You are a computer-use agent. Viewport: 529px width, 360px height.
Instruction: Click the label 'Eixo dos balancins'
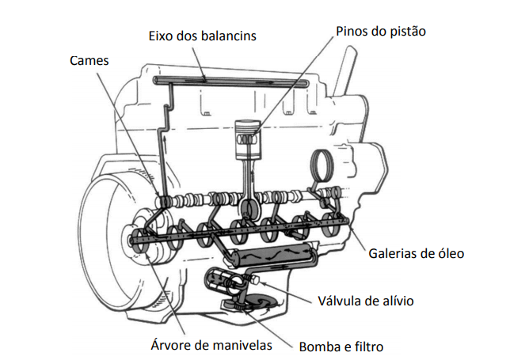pos(202,36)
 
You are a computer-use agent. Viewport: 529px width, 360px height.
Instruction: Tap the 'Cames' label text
pos(89,60)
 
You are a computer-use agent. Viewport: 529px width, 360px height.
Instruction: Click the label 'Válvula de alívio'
pos(365,301)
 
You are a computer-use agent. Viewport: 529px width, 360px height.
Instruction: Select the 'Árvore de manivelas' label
pos(211,345)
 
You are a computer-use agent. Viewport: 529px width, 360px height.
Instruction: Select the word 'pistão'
pos(406,32)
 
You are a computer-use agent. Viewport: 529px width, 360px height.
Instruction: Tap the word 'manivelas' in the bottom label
pos(242,345)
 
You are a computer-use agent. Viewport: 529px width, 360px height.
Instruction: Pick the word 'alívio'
pos(396,301)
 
